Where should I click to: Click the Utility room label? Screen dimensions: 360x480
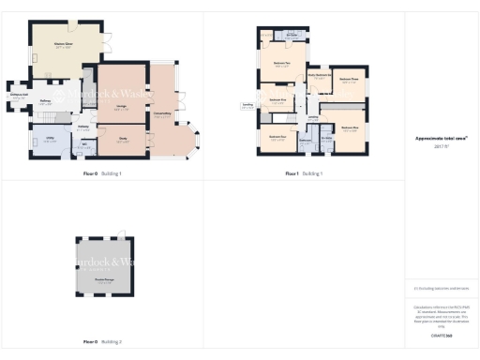[x=48, y=140]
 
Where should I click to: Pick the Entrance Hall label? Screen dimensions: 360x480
[x=18, y=96]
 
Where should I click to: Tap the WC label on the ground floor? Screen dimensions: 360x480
[x=85, y=144]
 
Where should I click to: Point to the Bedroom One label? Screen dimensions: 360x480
[x=349, y=127]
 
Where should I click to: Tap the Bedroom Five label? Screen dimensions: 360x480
[x=276, y=99]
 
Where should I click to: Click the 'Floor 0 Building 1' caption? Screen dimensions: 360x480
[x=102, y=173]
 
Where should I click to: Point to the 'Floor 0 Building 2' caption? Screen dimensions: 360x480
[x=102, y=341]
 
